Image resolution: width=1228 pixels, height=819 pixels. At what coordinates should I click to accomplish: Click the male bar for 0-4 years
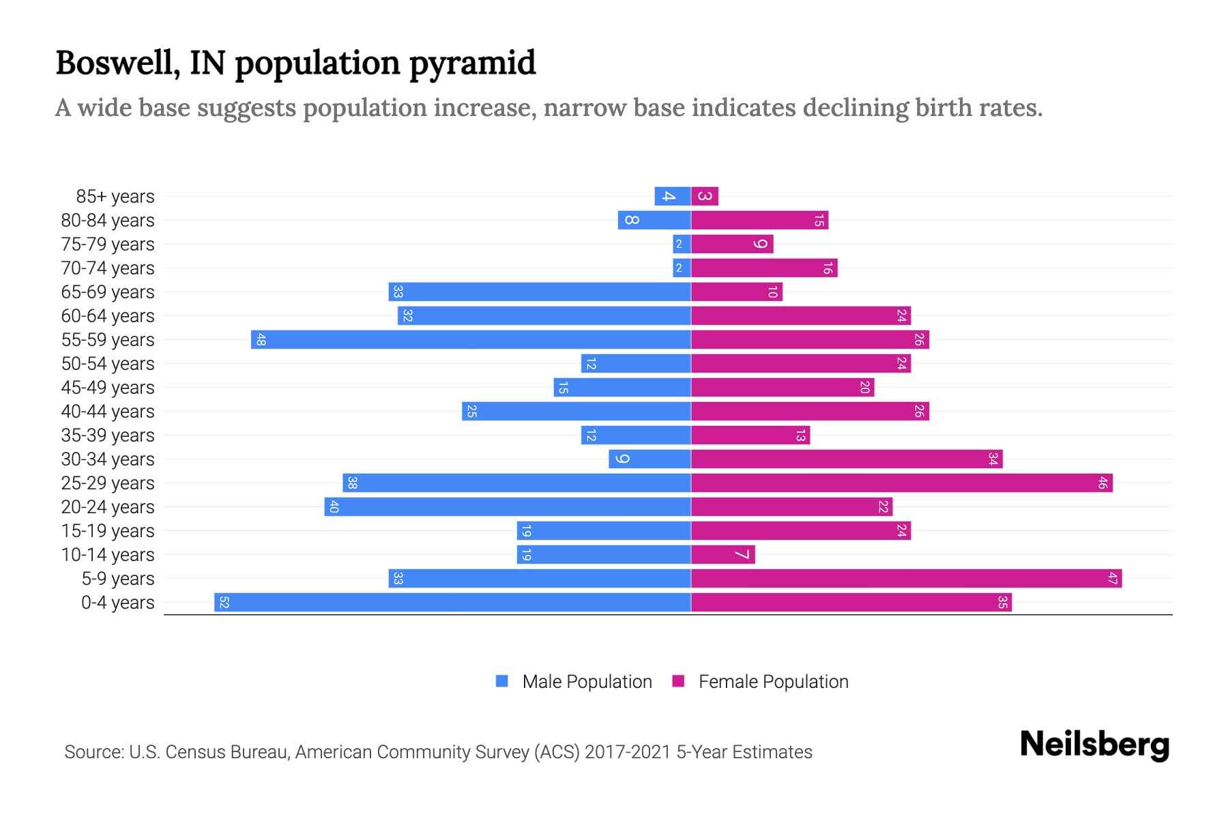[x=452, y=603]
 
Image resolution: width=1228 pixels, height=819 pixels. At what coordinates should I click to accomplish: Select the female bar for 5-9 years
[x=906, y=579]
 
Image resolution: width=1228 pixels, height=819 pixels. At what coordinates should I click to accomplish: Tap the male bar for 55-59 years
[x=471, y=340]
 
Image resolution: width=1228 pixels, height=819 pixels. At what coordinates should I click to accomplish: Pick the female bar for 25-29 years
[x=901, y=483]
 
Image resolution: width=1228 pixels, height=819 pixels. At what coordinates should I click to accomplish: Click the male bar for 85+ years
[x=673, y=197]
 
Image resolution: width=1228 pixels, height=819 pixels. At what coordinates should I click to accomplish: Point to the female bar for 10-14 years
[x=723, y=555]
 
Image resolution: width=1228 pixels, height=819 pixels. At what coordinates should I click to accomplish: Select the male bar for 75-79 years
[x=682, y=244]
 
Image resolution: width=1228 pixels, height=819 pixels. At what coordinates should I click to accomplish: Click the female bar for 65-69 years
[x=737, y=292]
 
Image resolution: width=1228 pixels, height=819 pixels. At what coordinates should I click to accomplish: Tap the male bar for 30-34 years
[x=649, y=459]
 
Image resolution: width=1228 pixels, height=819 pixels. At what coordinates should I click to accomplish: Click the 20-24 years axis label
[x=108, y=507]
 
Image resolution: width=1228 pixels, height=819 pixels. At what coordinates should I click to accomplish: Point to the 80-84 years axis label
[x=108, y=220]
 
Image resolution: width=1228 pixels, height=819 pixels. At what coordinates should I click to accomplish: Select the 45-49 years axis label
[x=108, y=388]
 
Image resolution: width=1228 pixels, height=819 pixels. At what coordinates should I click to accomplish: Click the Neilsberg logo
[x=1094, y=745]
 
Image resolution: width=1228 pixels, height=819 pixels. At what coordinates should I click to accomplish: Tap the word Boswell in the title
[x=117, y=63]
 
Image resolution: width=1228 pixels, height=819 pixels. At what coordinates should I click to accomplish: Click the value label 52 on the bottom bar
[x=224, y=603]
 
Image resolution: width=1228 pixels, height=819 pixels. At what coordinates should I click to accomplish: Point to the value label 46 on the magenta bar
[x=1102, y=483]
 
